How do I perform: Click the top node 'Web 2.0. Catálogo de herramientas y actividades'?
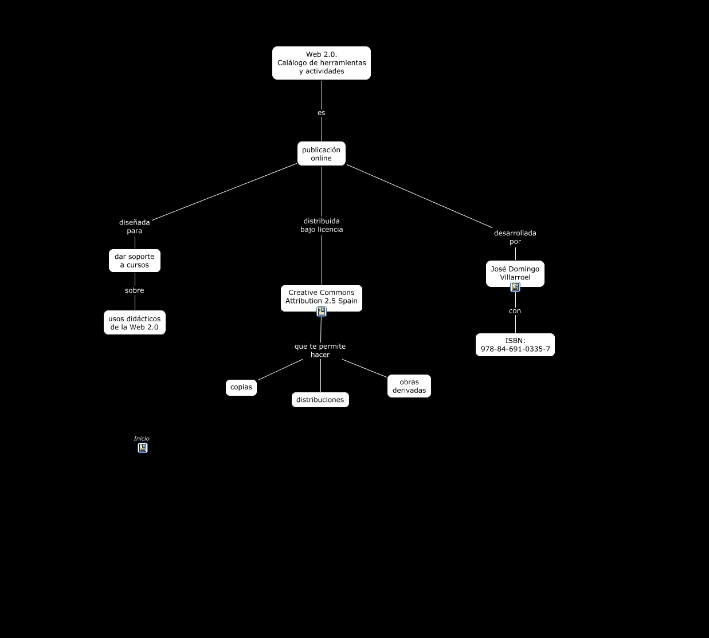click(x=322, y=63)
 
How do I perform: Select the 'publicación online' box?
click(x=322, y=154)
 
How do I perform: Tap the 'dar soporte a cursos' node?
click(x=135, y=261)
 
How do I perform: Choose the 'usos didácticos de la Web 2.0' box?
click(x=135, y=323)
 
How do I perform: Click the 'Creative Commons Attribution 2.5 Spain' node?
click(x=322, y=296)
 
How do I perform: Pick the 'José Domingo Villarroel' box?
click(x=515, y=273)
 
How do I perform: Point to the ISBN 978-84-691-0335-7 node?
click(x=515, y=345)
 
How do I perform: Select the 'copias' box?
click(x=241, y=387)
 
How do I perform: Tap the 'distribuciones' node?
click(x=320, y=400)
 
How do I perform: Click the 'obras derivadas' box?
click(x=409, y=386)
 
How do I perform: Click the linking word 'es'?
click(x=322, y=113)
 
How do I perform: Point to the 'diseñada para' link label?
click(x=135, y=226)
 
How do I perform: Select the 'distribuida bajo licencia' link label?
click(x=322, y=225)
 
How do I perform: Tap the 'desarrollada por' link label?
click(x=515, y=237)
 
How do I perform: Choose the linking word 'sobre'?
click(x=135, y=290)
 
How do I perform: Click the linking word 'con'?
click(x=515, y=311)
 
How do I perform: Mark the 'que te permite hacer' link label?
click(x=320, y=350)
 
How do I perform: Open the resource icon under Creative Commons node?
click(x=322, y=312)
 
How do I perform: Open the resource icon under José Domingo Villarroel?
click(x=515, y=287)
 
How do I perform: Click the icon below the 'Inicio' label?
click(x=143, y=448)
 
